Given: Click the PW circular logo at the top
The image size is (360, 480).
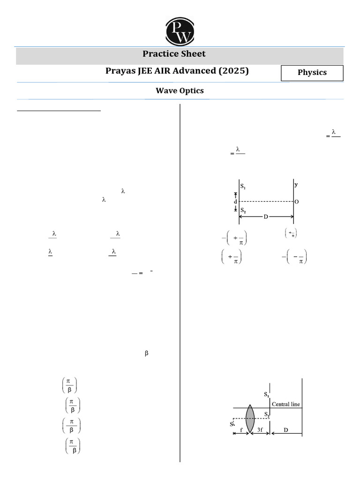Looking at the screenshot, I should (x=180, y=31).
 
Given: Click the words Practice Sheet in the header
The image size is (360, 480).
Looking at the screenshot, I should (x=174, y=54).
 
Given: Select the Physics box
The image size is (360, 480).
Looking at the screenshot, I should (x=312, y=73).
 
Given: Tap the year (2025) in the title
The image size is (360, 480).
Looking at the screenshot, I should (x=233, y=71).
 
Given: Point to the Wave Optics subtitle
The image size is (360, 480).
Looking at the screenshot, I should (x=180, y=91).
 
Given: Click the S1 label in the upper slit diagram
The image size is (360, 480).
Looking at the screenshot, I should (x=243, y=186).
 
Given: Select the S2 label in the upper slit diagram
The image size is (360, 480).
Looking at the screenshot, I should (x=243, y=210).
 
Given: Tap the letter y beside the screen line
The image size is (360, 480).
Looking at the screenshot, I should (x=296, y=184).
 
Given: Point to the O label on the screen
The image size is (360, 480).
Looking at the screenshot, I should (x=297, y=202).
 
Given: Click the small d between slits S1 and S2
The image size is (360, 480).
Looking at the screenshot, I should (x=236, y=202).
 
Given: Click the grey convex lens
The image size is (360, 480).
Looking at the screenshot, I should (x=250, y=418).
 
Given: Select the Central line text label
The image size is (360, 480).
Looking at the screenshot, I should (x=286, y=404).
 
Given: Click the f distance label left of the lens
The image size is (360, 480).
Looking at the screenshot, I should (x=241, y=430).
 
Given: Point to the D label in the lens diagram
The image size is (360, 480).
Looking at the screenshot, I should (x=286, y=430).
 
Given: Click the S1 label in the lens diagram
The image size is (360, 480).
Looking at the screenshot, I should (x=266, y=394).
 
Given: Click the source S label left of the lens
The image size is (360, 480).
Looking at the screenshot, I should (x=232, y=424).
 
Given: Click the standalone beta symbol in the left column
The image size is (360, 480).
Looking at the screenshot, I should (x=146, y=354).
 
